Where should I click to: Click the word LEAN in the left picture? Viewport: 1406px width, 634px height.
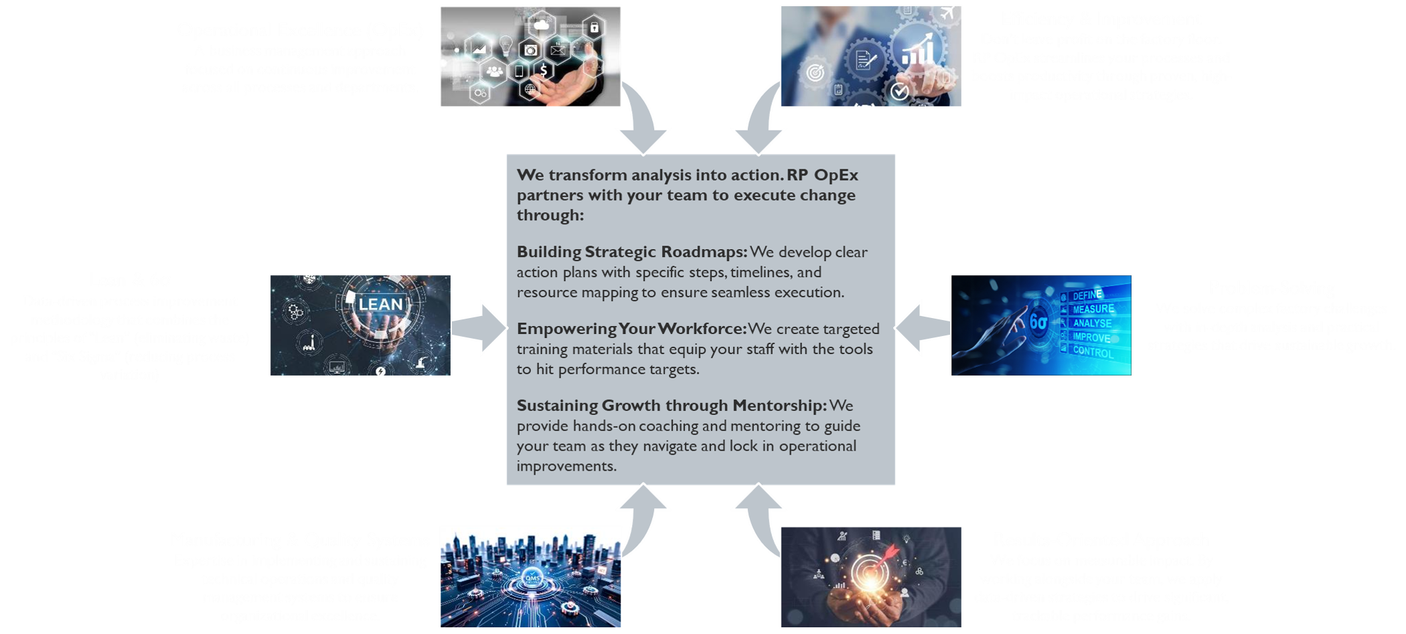coord(380,305)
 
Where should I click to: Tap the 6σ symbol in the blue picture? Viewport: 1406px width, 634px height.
coord(1038,323)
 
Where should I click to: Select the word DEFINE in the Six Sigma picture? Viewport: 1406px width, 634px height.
coord(1087,295)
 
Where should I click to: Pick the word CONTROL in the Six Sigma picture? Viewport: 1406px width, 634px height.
coord(1093,351)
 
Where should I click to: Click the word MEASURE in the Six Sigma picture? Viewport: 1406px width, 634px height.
coord(1093,309)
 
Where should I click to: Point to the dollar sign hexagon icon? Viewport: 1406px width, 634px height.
coord(544,70)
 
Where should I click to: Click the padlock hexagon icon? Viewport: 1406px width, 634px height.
coord(594,27)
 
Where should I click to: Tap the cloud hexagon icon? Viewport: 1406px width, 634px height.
coord(541,26)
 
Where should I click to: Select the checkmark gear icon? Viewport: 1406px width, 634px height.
coord(899,91)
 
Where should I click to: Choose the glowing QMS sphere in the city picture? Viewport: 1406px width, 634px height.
coord(532,578)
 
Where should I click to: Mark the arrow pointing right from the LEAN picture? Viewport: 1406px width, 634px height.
coord(479,327)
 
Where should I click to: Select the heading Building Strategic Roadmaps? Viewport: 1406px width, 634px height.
coord(631,252)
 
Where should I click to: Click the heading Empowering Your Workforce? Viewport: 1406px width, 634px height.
coord(631,329)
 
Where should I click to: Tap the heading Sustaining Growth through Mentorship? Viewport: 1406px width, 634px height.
coord(672,406)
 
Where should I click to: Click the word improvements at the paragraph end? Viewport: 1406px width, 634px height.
coord(566,466)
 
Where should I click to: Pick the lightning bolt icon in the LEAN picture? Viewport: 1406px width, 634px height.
coord(380,370)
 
